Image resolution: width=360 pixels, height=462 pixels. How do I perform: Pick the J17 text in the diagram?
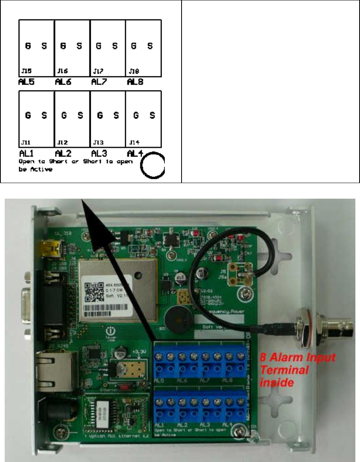[98, 71]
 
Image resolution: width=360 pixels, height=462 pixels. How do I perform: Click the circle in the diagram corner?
[152, 165]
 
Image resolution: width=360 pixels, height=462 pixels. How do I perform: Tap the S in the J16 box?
[79, 45]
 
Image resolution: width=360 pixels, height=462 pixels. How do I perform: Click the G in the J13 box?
[100, 115]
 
